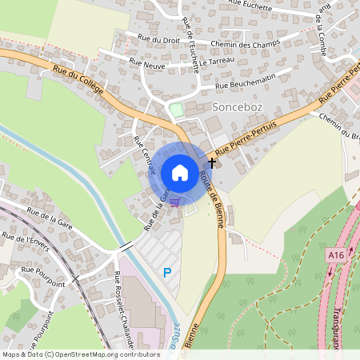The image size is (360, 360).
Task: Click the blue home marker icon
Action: point(180,173)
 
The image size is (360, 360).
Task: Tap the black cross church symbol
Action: point(212,162)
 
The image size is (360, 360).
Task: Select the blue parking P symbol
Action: point(167,273)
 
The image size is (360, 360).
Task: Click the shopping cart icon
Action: point(174,202)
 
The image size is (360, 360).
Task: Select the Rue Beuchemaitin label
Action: point(245,82)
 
